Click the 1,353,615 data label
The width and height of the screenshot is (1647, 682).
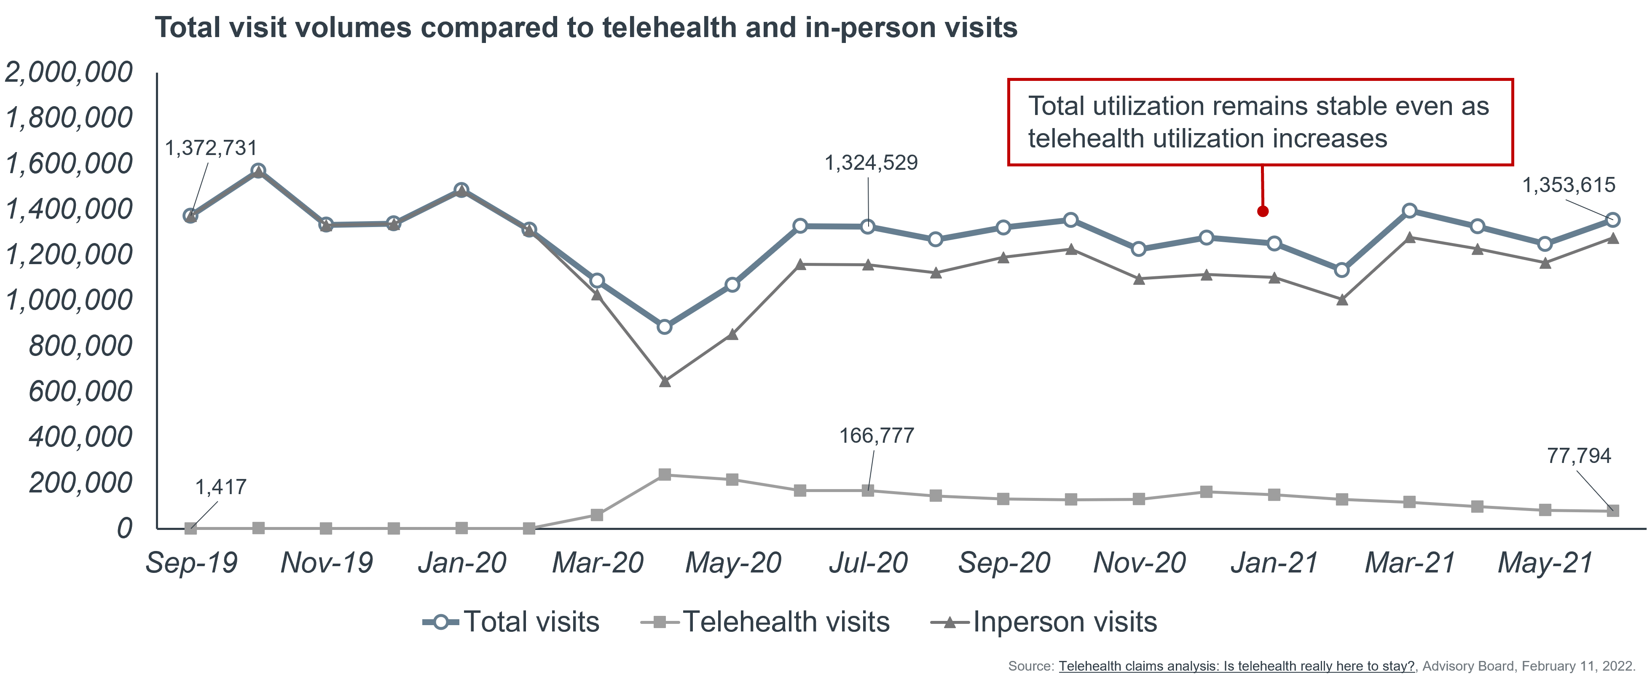pyautogui.click(x=1568, y=185)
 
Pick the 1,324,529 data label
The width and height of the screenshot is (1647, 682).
pyautogui.click(x=871, y=163)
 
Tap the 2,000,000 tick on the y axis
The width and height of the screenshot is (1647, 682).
pyautogui.click(x=69, y=72)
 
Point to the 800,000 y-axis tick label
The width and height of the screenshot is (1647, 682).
pyautogui.click(x=80, y=346)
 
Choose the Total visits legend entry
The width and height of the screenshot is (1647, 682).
pyautogui.click(x=512, y=622)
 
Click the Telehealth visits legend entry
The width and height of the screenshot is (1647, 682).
pyautogui.click(x=765, y=622)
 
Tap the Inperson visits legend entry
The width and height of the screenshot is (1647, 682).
pyautogui.click(x=1043, y=622)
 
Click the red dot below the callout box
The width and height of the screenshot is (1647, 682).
pyautogui.click(x=1263, y=211)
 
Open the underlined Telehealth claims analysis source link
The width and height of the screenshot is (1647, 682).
pyautogui.click(x=1237, y=666)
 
